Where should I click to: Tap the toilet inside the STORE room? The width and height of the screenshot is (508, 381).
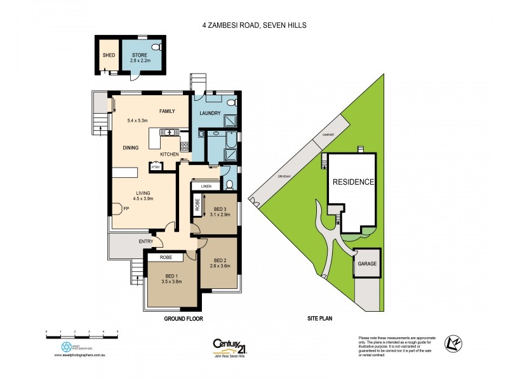[155, 48]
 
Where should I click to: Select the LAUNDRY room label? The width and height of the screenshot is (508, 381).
[210, 114]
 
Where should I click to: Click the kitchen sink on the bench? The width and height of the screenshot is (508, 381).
[168, 132]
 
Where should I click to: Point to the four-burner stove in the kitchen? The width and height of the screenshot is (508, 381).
[184, 146]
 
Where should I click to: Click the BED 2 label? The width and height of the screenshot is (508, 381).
[220, 260]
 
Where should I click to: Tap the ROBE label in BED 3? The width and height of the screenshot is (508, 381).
[197, 204]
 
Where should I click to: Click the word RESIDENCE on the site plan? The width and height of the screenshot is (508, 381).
[351, 182]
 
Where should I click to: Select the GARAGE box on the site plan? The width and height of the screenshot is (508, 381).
[368, 263]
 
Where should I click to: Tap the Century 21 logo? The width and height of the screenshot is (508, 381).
[229, 346]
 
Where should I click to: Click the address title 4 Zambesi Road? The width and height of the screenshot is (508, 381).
[255, 26]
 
